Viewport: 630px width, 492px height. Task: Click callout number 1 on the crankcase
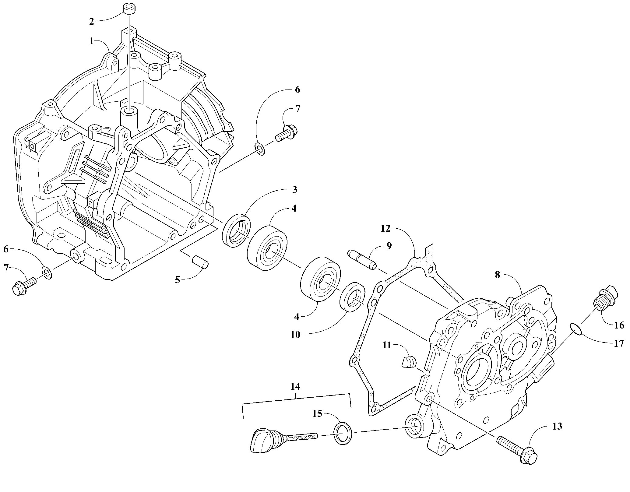[x=92, y=41]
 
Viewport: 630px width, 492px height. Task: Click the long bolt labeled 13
[x=516, y=453]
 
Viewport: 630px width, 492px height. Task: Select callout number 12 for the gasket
[x=385, y=229]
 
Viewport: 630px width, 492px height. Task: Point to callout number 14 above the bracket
[x=295, y=386]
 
